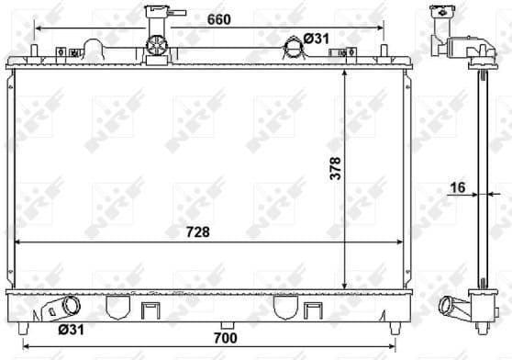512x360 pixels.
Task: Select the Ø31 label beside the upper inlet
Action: pyautogui.click(x=316, y=38)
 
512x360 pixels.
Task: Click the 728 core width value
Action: pyautogui.click(x=196, y=232)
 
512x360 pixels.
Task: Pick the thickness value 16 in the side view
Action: pyautogui.click(x=458, y=189)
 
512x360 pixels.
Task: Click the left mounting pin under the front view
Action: pyautogui.click(x=34, y=326)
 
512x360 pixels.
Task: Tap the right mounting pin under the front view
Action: pyautogui.click(x=395, y=326)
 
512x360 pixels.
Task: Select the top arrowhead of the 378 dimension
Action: pyautogui.click(x=343, y=73)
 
